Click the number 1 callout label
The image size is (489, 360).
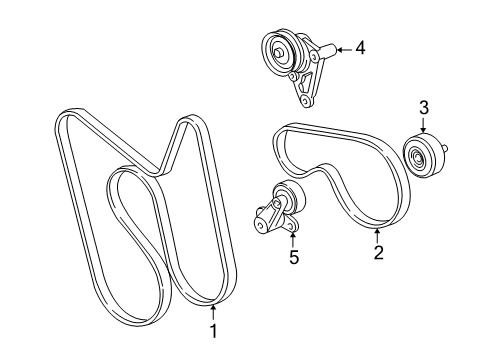[213, 329]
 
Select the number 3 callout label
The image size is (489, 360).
[423, 108]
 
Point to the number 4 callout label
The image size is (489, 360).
[360, 46]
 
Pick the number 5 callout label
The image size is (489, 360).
[293, 257]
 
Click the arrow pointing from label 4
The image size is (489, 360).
[340, 47]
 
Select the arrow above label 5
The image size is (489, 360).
[291, 234]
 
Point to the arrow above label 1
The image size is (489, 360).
[213, 308]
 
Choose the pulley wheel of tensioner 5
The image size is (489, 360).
[290, 196]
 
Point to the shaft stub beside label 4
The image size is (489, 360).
[325, 51]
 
